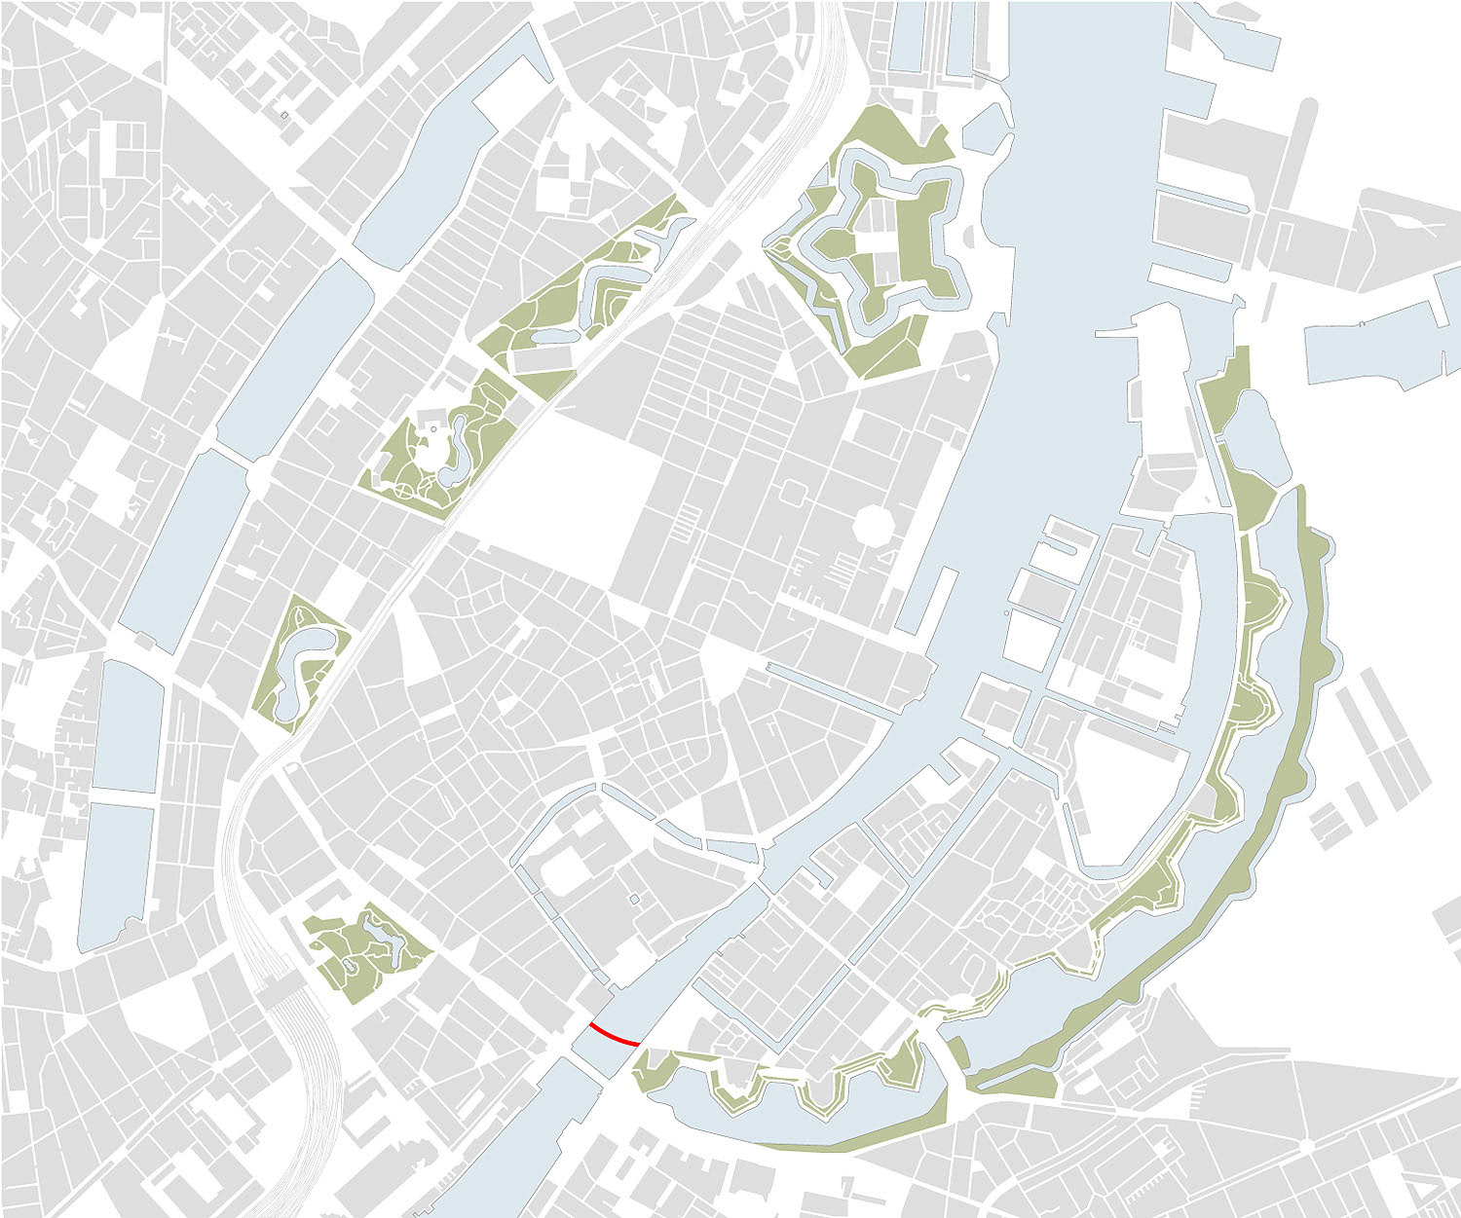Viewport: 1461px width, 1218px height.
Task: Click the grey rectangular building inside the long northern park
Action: (544, 359)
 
